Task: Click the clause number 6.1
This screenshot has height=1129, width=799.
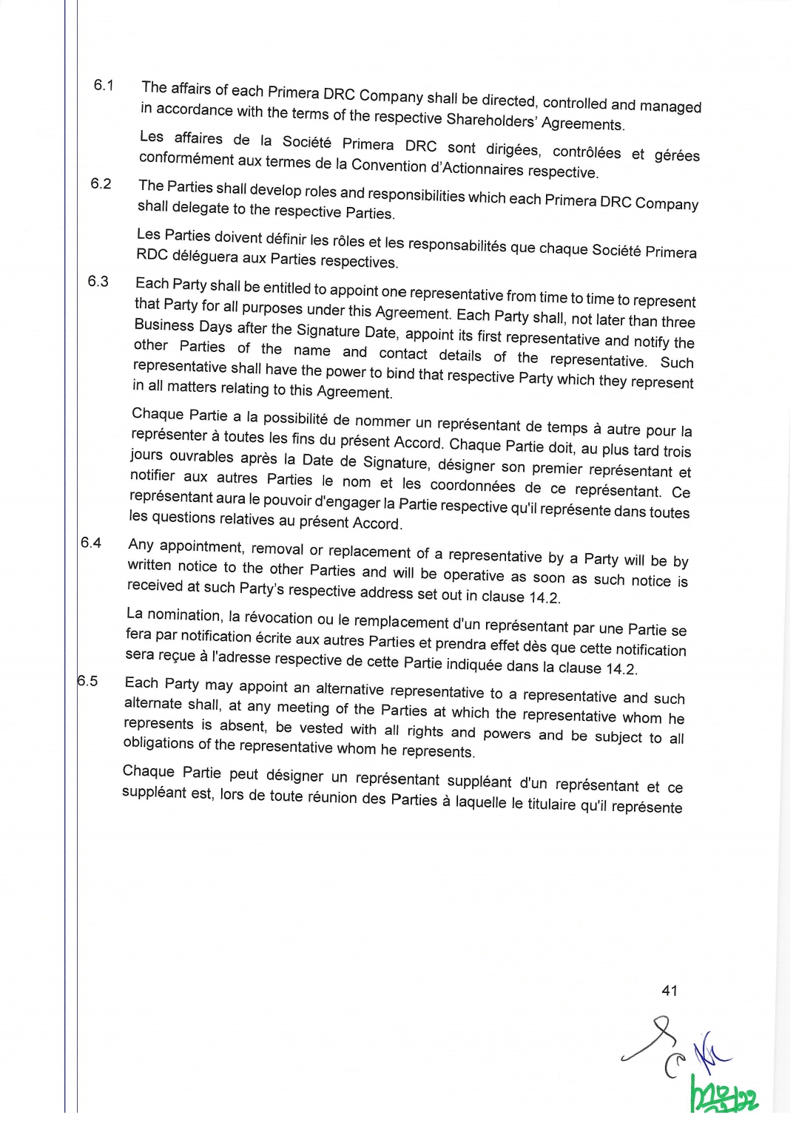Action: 104,85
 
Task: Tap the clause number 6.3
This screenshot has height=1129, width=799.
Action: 98,281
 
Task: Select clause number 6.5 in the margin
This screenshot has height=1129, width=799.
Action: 88,681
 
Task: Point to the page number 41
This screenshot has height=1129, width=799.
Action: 670,991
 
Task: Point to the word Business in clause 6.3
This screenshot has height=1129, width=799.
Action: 163,325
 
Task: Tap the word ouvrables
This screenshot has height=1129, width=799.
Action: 201,457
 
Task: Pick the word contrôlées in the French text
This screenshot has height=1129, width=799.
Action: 587,152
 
